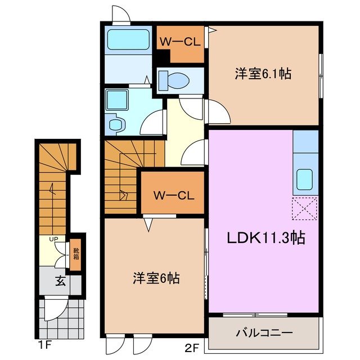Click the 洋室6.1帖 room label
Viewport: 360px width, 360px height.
263,74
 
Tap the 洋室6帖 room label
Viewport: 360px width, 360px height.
156,278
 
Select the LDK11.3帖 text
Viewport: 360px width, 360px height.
266,238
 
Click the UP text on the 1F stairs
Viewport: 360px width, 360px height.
54,239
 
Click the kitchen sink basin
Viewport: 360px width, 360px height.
306,179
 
